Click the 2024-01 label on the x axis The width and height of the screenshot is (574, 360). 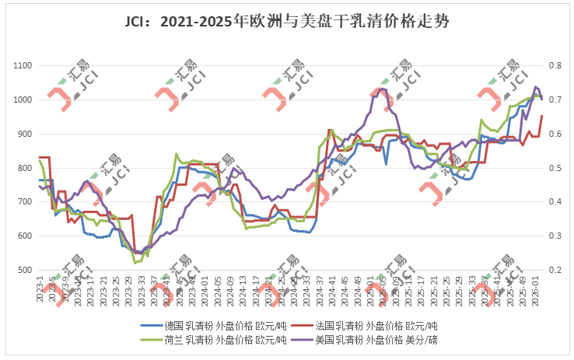point(203,289)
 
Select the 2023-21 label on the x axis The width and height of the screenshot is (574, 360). point(103,289)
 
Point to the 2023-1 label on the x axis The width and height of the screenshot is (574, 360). point(40,288)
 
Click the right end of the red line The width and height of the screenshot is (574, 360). point(542,116)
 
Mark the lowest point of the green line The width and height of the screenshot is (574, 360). point(136,263)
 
